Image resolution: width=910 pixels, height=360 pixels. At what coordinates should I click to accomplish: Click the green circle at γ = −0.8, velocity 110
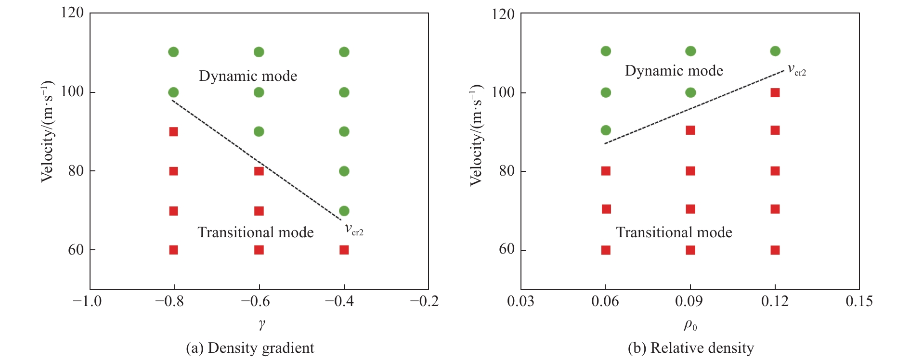pyautogui.click(x=174, y=52)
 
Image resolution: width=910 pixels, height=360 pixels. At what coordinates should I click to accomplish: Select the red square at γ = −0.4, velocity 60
pyautogui.click(x=344, y=250)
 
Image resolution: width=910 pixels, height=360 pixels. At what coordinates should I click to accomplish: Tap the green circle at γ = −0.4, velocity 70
pyautogui.click(x=344, y=211)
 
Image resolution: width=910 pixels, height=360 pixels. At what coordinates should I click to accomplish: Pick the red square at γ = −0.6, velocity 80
pyautogui.click(x=259, y=171)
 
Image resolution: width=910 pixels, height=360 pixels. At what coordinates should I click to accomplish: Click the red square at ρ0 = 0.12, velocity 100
pyautogui.click(x=775, y=92)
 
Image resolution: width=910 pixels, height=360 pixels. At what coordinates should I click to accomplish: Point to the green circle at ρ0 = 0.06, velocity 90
pyautogui.click(x=606, y=130)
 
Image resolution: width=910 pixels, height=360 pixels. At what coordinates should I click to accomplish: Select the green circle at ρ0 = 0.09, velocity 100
pyautogui.click(x=690, y=92)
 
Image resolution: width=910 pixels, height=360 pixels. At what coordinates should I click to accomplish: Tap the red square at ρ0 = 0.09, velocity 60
pyautogui.click(x=690, y=250)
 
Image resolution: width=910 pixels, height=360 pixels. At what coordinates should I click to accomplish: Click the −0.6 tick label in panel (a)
pyautogui.click(x=255, y=302)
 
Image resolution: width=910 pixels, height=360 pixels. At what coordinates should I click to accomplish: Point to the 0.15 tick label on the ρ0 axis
pyautogui.click(x=859, y=302)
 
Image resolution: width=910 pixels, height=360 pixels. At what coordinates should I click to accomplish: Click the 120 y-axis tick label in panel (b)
pyautogui.click(x=503, y=14)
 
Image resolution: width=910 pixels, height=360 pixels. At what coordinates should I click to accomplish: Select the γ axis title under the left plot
pyautogui.click(x=261, y=325)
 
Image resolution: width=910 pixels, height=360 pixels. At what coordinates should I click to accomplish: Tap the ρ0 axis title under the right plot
pyautogui.click(x=690, y=326)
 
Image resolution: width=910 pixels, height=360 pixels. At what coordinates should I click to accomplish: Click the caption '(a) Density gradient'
pyautogui.click(x=250, y=348)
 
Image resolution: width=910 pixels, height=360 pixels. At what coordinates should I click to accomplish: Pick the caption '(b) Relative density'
pyautogui.click(x=691, y=348)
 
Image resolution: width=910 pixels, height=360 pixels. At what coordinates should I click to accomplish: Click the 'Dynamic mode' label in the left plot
pyautogui.click(x=248, y=76)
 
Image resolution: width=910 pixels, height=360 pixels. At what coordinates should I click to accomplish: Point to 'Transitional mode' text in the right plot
pyautogui.click(x=674, y=232)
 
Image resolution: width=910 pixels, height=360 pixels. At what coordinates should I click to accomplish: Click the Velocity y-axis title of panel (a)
pyautogui.click(x=47, y=131)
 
